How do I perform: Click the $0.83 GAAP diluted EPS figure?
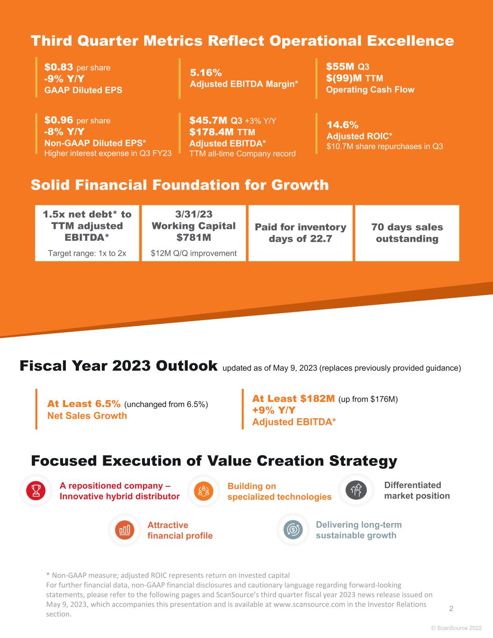coord(59,67)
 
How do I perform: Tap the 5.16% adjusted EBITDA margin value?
coord(206,72)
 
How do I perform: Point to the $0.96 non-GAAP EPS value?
coord(59,120)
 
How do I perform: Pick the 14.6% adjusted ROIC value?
coord(343,125)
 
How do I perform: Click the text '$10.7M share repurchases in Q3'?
coord(385,146)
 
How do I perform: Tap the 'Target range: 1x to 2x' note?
coord(87,253)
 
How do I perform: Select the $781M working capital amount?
coord(193,237)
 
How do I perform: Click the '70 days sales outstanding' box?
coord(407,233)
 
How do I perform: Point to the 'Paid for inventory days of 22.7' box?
coord(300,233)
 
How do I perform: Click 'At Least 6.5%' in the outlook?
coord(84,404)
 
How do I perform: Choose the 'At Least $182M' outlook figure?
coord(293,398)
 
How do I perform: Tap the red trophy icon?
coord(36,490)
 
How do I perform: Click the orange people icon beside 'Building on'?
coord(204,491)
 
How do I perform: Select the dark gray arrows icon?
coord(356,490)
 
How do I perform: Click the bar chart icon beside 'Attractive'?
coord(125,530)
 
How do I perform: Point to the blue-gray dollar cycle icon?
coord(293,529)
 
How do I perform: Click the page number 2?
coord(451,609)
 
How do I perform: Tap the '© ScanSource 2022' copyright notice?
coord(457,628)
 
